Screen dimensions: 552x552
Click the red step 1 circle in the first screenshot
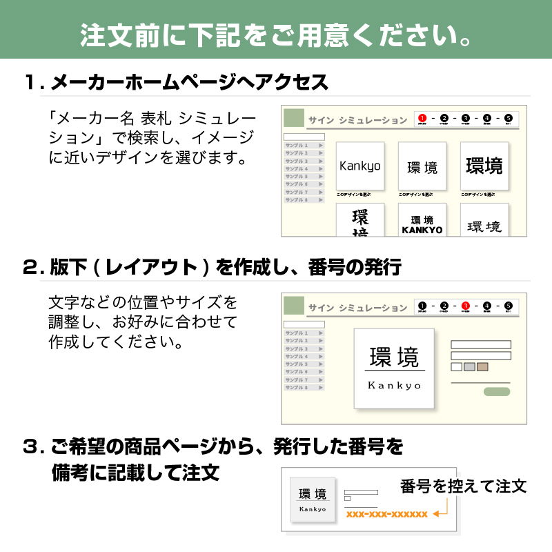(422, 118)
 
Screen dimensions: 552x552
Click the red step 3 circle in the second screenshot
(465, 306)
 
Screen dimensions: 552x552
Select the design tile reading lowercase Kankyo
(359, 166)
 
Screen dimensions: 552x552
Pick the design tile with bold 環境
(484, 166)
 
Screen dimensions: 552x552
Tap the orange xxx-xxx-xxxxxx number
(386, 514)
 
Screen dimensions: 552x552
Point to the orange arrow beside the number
(442, 510)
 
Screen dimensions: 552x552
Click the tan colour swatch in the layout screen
(482, 366)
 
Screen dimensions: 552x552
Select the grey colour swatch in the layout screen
(469, 366)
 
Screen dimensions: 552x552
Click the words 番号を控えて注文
(463, 486)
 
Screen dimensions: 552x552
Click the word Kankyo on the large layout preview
(394, 385)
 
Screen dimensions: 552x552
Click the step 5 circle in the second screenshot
(509, 306)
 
